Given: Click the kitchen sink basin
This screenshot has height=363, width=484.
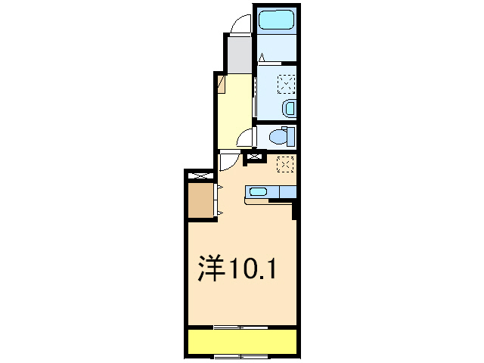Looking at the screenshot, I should (259, 191).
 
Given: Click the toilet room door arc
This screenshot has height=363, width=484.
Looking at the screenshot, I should (245, 138).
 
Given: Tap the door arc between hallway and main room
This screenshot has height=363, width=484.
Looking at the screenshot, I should (228, 161).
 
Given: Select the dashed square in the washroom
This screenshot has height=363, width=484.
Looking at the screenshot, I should (287, 83).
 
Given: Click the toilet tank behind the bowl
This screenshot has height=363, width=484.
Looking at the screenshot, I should (291, 137).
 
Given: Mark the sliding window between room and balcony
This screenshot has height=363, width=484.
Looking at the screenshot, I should (240, 327).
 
